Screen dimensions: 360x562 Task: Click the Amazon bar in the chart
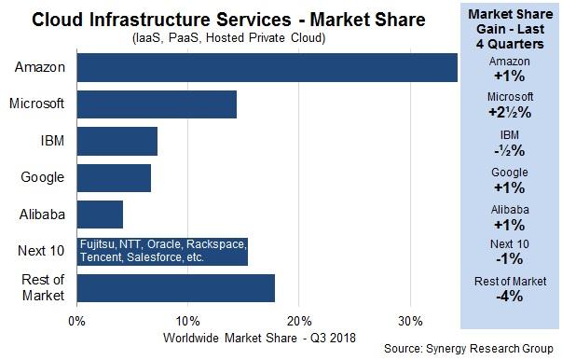point(267,68)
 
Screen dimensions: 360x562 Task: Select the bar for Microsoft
point(157,104)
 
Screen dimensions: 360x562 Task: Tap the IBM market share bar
point(117,141)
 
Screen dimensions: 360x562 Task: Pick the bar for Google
point(114,177)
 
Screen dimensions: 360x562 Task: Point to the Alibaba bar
point(100,215)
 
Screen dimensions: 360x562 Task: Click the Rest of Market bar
point(175,287)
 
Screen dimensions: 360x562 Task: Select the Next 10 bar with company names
point(162,251)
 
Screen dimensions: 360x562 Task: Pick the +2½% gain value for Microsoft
point(510,111)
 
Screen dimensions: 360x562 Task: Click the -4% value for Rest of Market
point(510,297)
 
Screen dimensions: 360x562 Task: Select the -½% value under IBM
point(510,148)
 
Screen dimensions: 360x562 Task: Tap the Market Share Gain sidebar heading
point(510,29)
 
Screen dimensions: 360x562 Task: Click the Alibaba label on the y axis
point(42,215)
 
